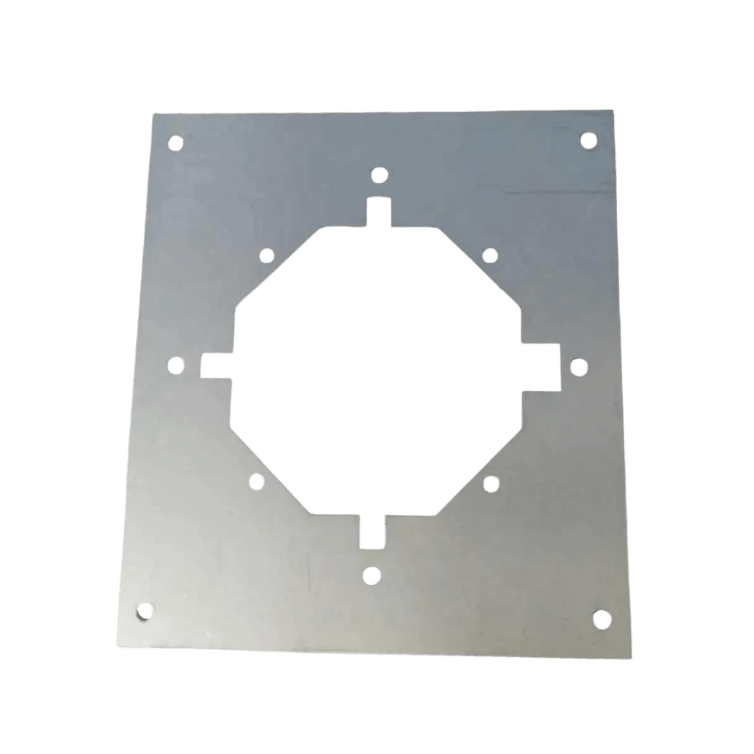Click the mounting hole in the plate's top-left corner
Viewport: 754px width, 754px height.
point(177,143)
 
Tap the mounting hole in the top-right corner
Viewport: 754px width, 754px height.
point(589,141)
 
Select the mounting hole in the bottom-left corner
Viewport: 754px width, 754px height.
point(144,612)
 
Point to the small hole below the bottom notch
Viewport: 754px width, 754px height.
point(371,575)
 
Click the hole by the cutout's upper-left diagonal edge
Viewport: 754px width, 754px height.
point(266,256)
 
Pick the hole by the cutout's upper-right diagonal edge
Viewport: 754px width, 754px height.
point(490,256)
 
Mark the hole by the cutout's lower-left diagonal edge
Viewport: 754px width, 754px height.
point(256,480)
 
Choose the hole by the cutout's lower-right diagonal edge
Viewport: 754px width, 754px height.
point(490,482)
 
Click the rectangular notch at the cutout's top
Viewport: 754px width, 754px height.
point(378,212)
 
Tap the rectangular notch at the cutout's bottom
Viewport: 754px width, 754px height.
point(372,534)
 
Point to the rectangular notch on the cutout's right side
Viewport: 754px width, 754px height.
point(542,366)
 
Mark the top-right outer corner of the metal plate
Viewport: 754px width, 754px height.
point(613,110)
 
